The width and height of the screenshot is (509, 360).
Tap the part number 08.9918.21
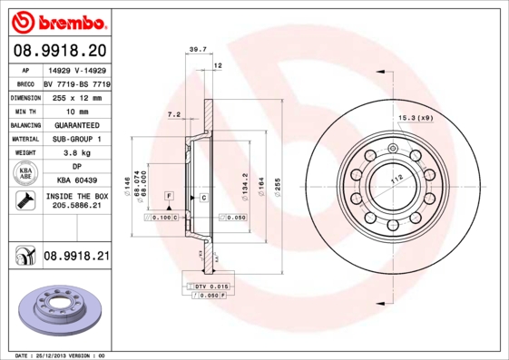(x=75, y=258)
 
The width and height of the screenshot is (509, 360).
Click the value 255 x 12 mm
(x=75, y=96)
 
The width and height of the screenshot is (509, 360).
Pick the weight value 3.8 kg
(x=75, y=154)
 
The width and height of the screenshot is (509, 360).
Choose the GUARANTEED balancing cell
(x=75, y=125)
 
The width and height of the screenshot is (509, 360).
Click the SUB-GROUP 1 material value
(x=75, y=140)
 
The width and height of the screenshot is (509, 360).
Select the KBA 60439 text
(x=75, y=180)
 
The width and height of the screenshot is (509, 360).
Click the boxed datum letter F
(x=169, y=196)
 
